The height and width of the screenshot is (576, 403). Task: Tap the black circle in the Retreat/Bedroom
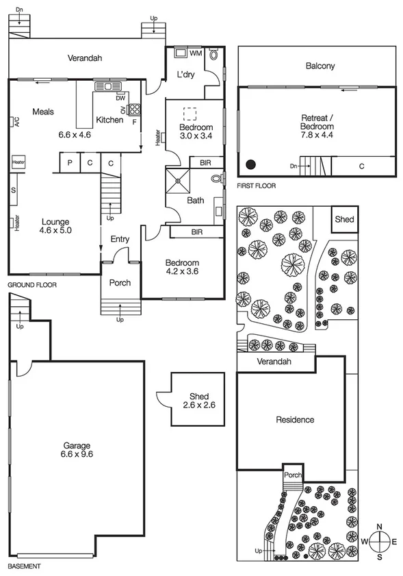[252, 164]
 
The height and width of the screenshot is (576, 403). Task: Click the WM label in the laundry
[196, 53]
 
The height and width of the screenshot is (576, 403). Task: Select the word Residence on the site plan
[294, 419]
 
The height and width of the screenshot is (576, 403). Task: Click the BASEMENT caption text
[24, 566]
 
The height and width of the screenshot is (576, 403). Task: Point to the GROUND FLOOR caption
[31, 284]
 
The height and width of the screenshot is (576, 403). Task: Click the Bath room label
[196, 201]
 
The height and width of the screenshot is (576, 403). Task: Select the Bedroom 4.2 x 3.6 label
[181, 267]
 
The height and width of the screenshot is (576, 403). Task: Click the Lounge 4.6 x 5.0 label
[56, 226]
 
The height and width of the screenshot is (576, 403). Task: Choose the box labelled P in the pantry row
[69, 163]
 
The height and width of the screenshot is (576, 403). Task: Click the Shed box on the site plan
[344, 219]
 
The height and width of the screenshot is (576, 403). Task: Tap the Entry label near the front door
[120, 238]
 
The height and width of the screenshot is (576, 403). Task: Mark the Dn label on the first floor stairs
[294, 165]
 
